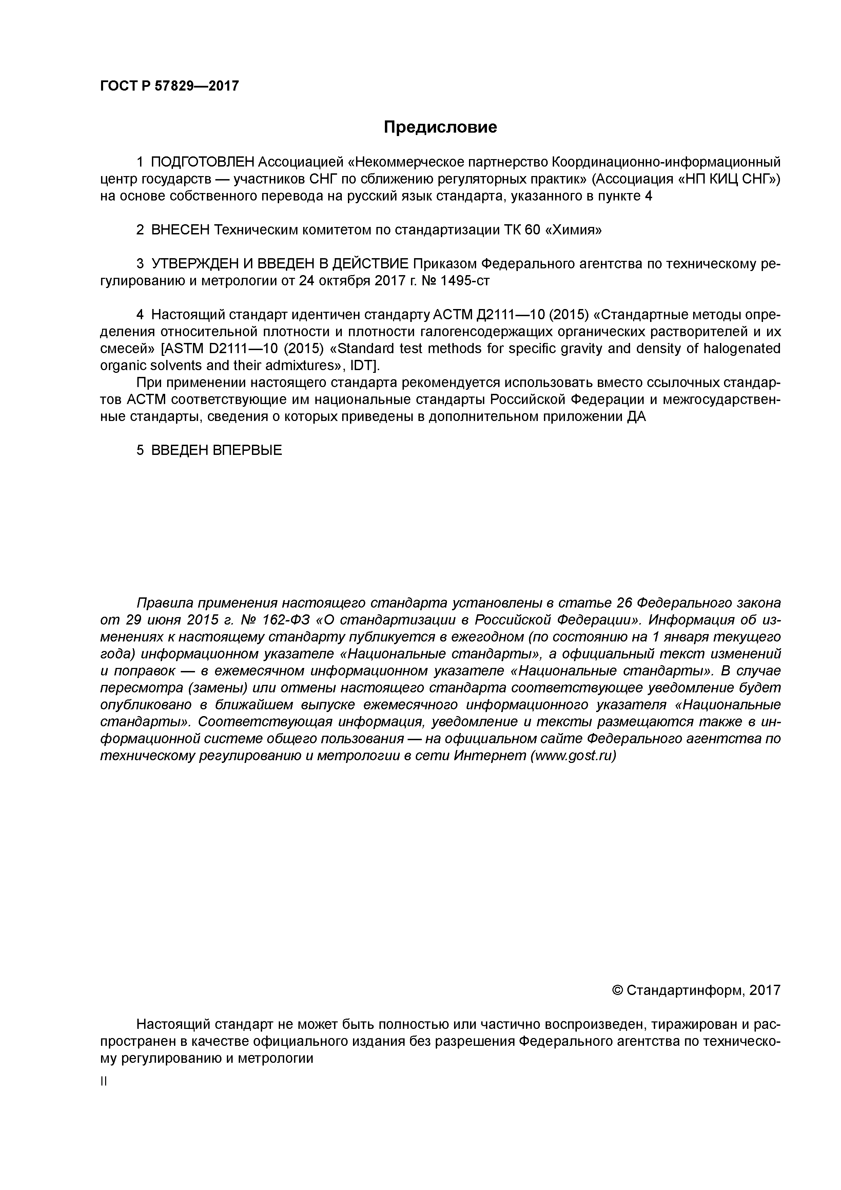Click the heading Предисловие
tap(440, 127)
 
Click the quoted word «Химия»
tap(574, 230)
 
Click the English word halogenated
tap(742, 348)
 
